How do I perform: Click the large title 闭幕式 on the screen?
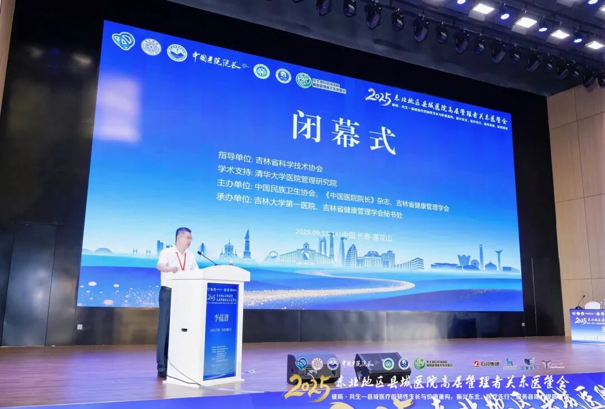pos(343,130)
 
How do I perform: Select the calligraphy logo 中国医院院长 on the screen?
pos(216,61)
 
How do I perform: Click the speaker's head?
pos(183,237)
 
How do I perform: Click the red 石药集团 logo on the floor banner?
pos(486,363)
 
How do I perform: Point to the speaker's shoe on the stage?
pos(162,374)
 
